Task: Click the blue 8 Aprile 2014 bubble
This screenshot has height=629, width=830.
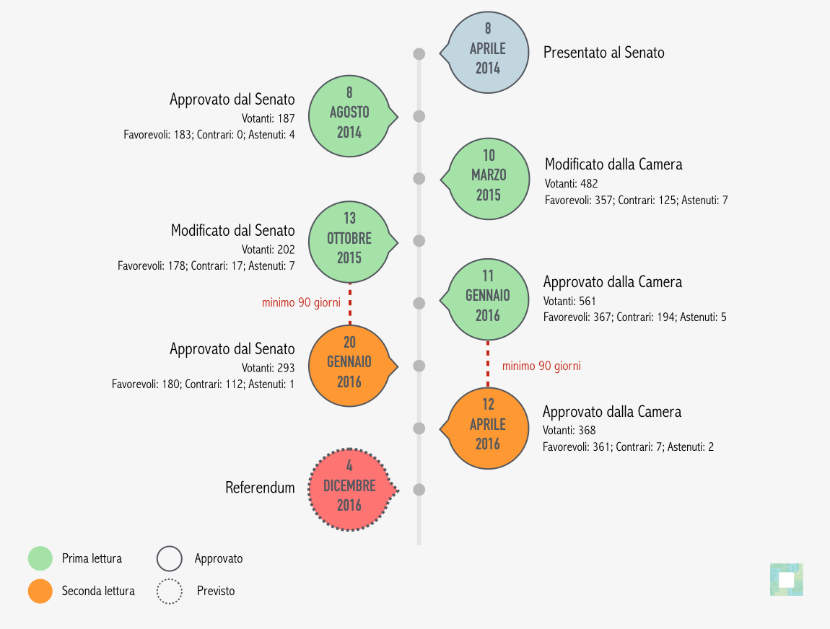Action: click(x=487, y=53)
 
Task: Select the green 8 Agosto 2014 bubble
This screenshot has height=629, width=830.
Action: click(x=351, y=116)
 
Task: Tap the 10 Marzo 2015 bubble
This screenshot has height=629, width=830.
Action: click(x=487, y=179)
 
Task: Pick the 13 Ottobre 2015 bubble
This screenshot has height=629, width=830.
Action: click(x=351, y=242)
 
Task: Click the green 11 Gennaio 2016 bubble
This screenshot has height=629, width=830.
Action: click(x=487, y=299)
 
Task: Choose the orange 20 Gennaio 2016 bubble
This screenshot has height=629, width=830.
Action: click(x=351, y=366)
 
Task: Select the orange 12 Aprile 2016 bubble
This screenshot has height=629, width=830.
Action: click(x=487, y=428)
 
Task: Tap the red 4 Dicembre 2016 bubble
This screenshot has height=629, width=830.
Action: click(x=351, y=490)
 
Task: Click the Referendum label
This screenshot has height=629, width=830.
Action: click(x=260, y=487)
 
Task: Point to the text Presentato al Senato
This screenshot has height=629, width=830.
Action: click(x=604, y=53)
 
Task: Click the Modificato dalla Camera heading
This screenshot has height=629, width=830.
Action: click(x=613, y=164)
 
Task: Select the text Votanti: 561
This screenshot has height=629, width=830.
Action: click(x=569, y=301)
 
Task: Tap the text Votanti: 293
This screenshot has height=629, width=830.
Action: click(x=268, y=368)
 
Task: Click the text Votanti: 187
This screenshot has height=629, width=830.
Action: click(x=268, y=118)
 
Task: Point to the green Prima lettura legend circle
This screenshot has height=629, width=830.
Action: click(x=40, y=558)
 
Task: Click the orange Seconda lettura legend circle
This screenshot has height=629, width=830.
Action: click(x=40, y=591)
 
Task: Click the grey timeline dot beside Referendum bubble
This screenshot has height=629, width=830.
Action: click(x=419, y=490)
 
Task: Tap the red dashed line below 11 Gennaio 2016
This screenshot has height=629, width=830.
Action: click(x=487, y=364)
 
